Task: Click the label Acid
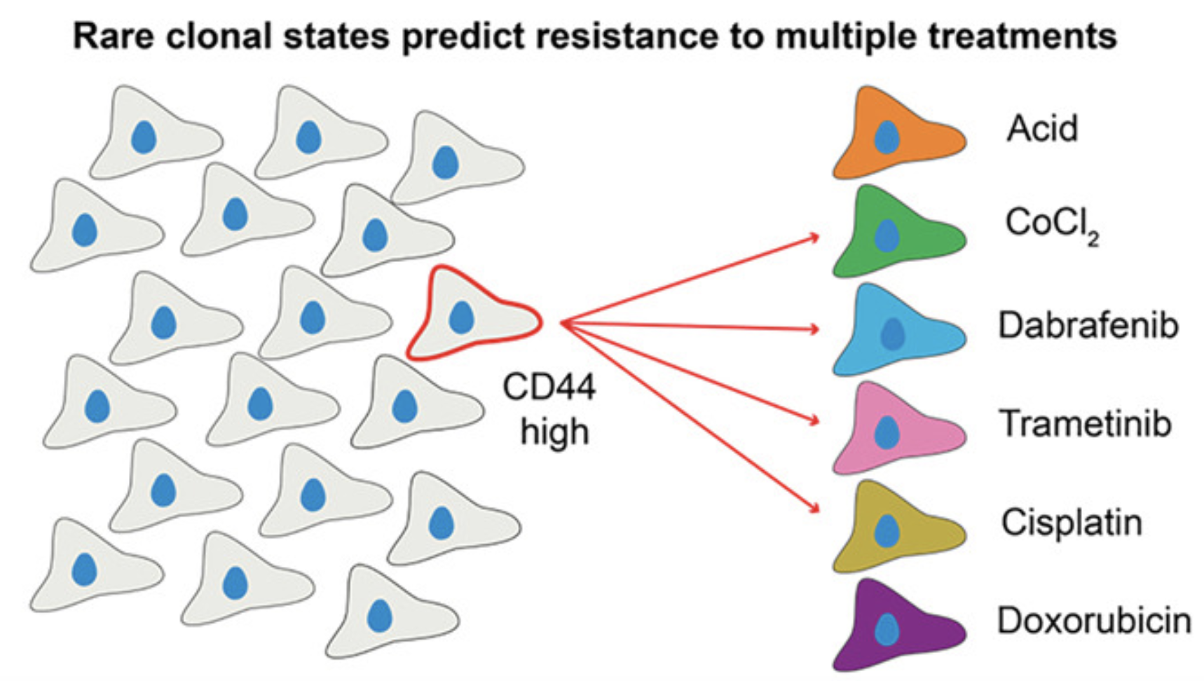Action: [1042, 129]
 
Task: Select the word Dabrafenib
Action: [1088, 326]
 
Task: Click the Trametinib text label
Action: [1086, 424]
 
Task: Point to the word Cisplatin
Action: [1072, 523]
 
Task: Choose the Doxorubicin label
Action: [1094, 621]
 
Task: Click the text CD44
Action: [549, 387]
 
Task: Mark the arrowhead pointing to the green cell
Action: [814, 238]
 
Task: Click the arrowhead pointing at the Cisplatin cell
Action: [814, 508]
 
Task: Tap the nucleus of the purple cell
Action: [887, 630]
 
